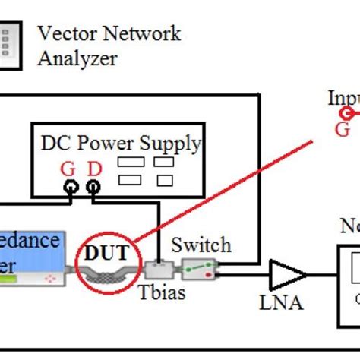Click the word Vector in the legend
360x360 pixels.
pos(65,33)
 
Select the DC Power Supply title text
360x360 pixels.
pos(121,143)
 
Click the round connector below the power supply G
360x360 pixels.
pos(71,186)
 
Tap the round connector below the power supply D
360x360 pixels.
pos(93,186)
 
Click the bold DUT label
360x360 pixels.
pos(106,254)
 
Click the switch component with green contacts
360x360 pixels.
pos(199,267)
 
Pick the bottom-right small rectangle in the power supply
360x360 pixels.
pos(162,179)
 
